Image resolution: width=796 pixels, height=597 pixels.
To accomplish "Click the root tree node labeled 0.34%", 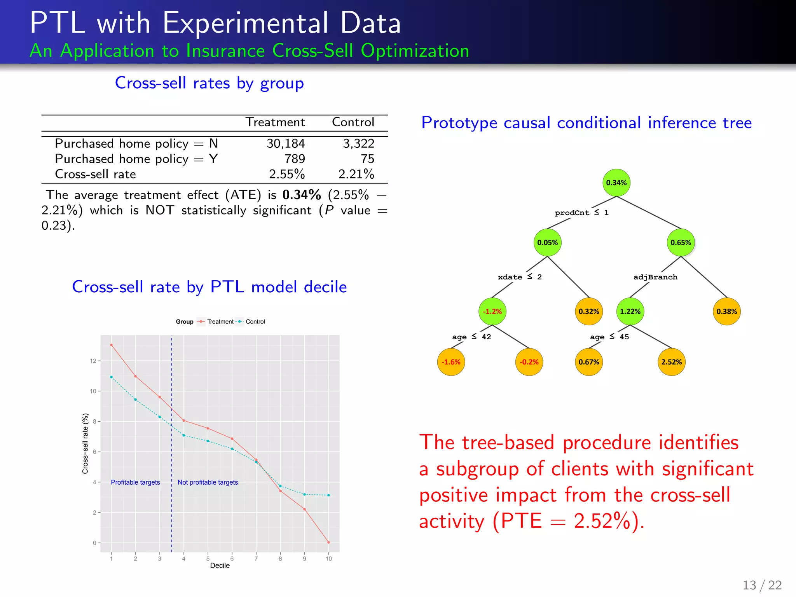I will point(616,183).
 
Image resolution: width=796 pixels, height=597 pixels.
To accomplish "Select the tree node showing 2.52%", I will point(671,362).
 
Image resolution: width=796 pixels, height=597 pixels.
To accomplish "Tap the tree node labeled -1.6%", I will point(451,362).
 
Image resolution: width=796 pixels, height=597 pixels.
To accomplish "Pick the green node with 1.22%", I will point(630,311).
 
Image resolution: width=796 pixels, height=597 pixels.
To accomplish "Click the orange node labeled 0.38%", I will point(726,311).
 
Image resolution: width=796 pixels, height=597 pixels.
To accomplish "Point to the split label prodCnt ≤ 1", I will point(581,213).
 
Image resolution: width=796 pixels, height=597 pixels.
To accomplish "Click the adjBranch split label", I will point(655,277).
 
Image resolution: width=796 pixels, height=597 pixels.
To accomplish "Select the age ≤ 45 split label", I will point(609,337).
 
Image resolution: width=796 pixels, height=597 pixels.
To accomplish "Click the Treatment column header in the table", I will point(275,122).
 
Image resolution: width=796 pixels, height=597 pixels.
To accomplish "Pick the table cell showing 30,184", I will point(286,144).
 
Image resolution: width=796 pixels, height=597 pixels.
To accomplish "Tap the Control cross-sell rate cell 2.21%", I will point(356,174).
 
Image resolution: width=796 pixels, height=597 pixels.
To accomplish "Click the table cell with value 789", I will point(295,159).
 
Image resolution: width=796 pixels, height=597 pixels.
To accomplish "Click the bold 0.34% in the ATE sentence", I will point(302,195).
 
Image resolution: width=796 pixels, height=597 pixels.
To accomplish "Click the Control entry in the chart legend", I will point(255,322).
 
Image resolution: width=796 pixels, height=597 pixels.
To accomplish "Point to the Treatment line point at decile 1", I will point(111,345).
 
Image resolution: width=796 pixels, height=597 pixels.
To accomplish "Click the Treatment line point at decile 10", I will point(329,542).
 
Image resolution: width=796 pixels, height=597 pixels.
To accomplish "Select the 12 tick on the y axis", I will point(93,361).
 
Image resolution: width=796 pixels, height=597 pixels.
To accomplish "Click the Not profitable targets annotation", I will point(208,482).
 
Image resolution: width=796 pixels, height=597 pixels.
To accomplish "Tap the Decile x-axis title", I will point(220,566).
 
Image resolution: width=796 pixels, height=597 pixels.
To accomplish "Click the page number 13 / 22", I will point(762,585).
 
